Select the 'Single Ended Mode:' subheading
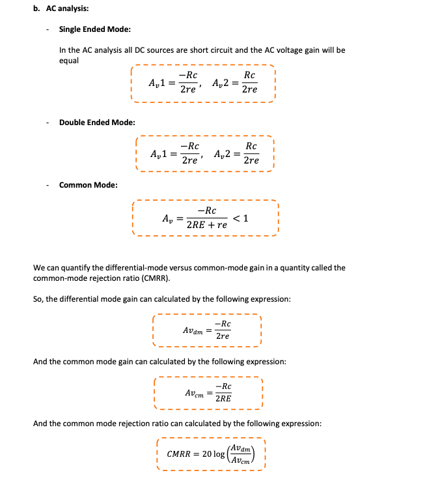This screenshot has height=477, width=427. point(94,29)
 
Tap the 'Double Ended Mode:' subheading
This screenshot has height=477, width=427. point(97,123)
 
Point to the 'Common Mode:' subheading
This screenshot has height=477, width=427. point(89,185)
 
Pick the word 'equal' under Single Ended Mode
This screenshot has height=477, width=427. point(68,61)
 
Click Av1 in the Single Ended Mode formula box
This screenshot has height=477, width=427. point(158,83)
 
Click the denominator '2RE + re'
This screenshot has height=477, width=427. point(207,225)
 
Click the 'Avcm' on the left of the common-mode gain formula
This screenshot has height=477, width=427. point(194,394)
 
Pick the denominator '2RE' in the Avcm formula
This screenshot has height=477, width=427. point(223,399)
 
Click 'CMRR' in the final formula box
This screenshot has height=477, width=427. point(180,454)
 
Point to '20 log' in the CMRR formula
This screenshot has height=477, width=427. point(213,454)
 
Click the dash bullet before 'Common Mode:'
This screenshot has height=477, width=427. point(48,185)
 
